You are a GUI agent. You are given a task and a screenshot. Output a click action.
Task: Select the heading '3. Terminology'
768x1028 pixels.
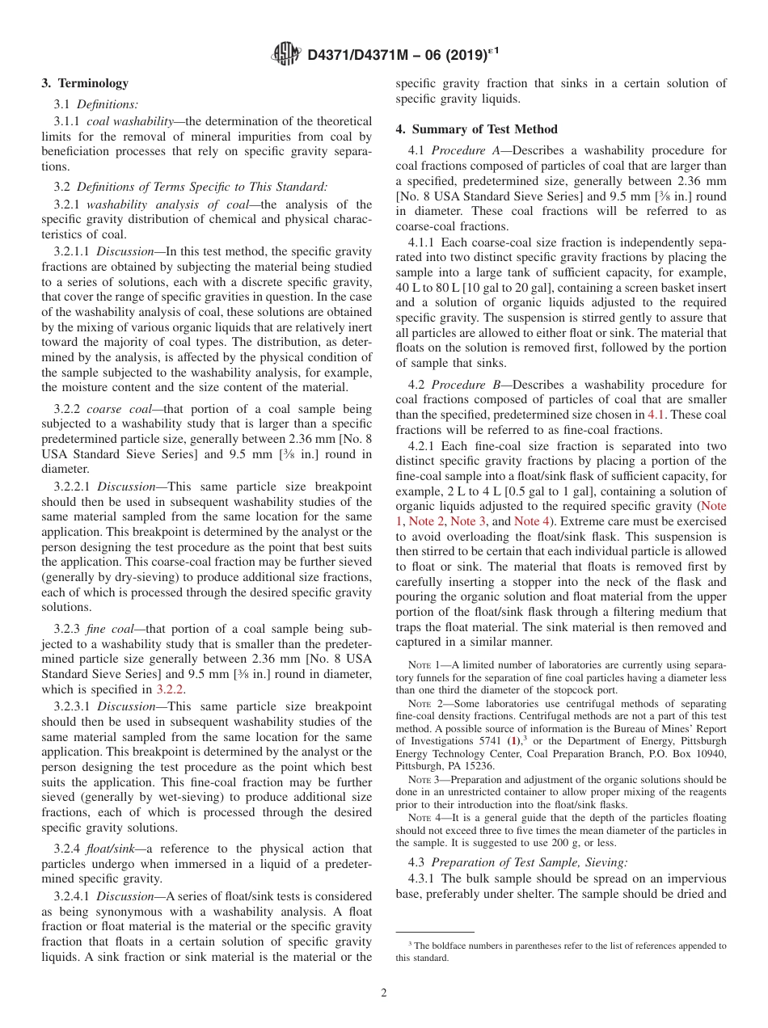[85, 83]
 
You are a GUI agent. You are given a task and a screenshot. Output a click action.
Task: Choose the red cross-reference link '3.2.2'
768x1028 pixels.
[170, 689]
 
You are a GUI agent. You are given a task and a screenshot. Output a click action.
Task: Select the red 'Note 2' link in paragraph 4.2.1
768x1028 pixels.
[427, 521]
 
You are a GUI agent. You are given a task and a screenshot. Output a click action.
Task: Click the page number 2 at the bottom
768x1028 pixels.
[384, 993]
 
